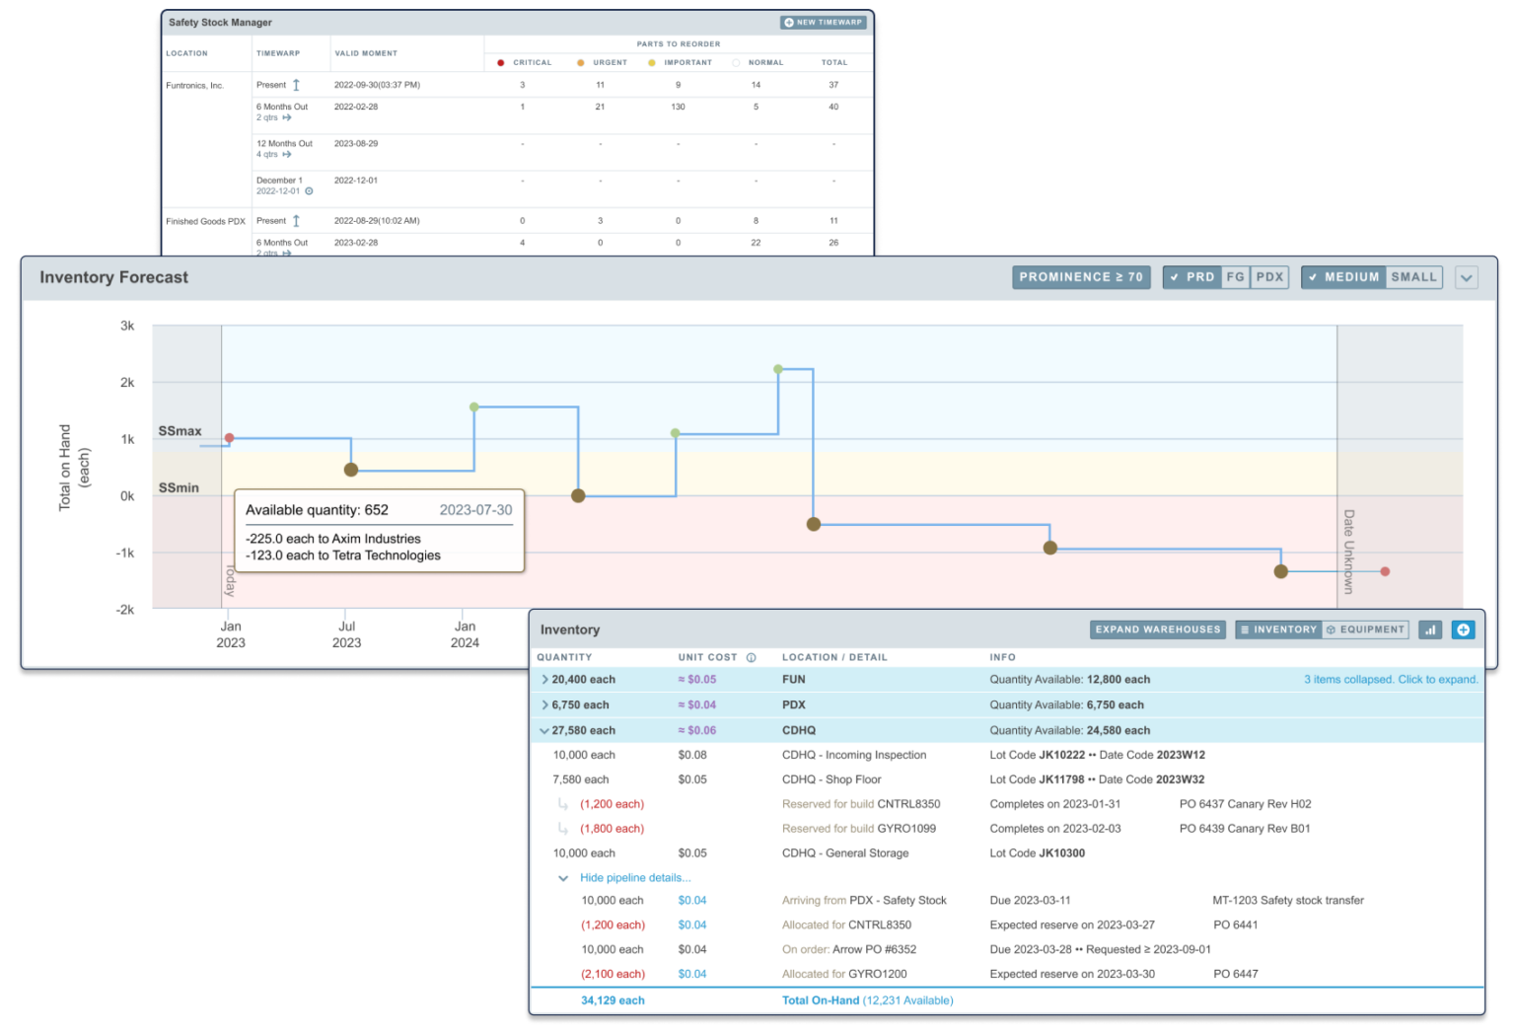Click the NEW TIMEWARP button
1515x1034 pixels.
pyautogui.click(x=824, y=22)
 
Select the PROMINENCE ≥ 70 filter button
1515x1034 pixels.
pyautogui.click(x=1080, y=277)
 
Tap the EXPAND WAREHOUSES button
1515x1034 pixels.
pyautogui.click(x=1158, y=629)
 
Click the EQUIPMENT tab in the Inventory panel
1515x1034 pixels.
pyautogui.click(x=1366, y=629)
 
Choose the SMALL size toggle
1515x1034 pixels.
pyautogui.click(x=1413, y=277)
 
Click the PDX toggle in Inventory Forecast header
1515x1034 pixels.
pyautogui.click(x=1269, y=277)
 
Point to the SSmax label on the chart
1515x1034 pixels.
pyautogui.click(x=180, y=431)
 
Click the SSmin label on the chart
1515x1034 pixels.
pyautogui.click(x=179, y=487)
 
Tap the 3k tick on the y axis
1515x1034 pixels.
pyautogui.click(x=127, y=326)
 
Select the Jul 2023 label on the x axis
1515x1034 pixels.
pyautogui.click(x=346, y=633)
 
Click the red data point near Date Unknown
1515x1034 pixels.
pyautogui.click(x=1385, y=571)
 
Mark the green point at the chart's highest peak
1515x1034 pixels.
pyautogui.click(x=778, y=369)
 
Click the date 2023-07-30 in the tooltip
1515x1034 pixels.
pyautogui.click(x=475, y=510)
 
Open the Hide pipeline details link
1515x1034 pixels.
pyautogui.click(x=635, y=878)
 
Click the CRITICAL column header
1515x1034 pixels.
pyautogui.click(x=532, y=62)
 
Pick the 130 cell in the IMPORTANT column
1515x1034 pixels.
pyautogui.click(x=678, y=107)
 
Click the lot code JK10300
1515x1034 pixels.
pyautogui.click(x=1061, y=853)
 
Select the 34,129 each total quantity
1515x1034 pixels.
pyautogui.click(x=613, y=1000)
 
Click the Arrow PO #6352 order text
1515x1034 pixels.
pyautogui.click(x=874, y=949)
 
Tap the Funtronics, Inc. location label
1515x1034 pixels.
pyautogui.click(x=194, y=86)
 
